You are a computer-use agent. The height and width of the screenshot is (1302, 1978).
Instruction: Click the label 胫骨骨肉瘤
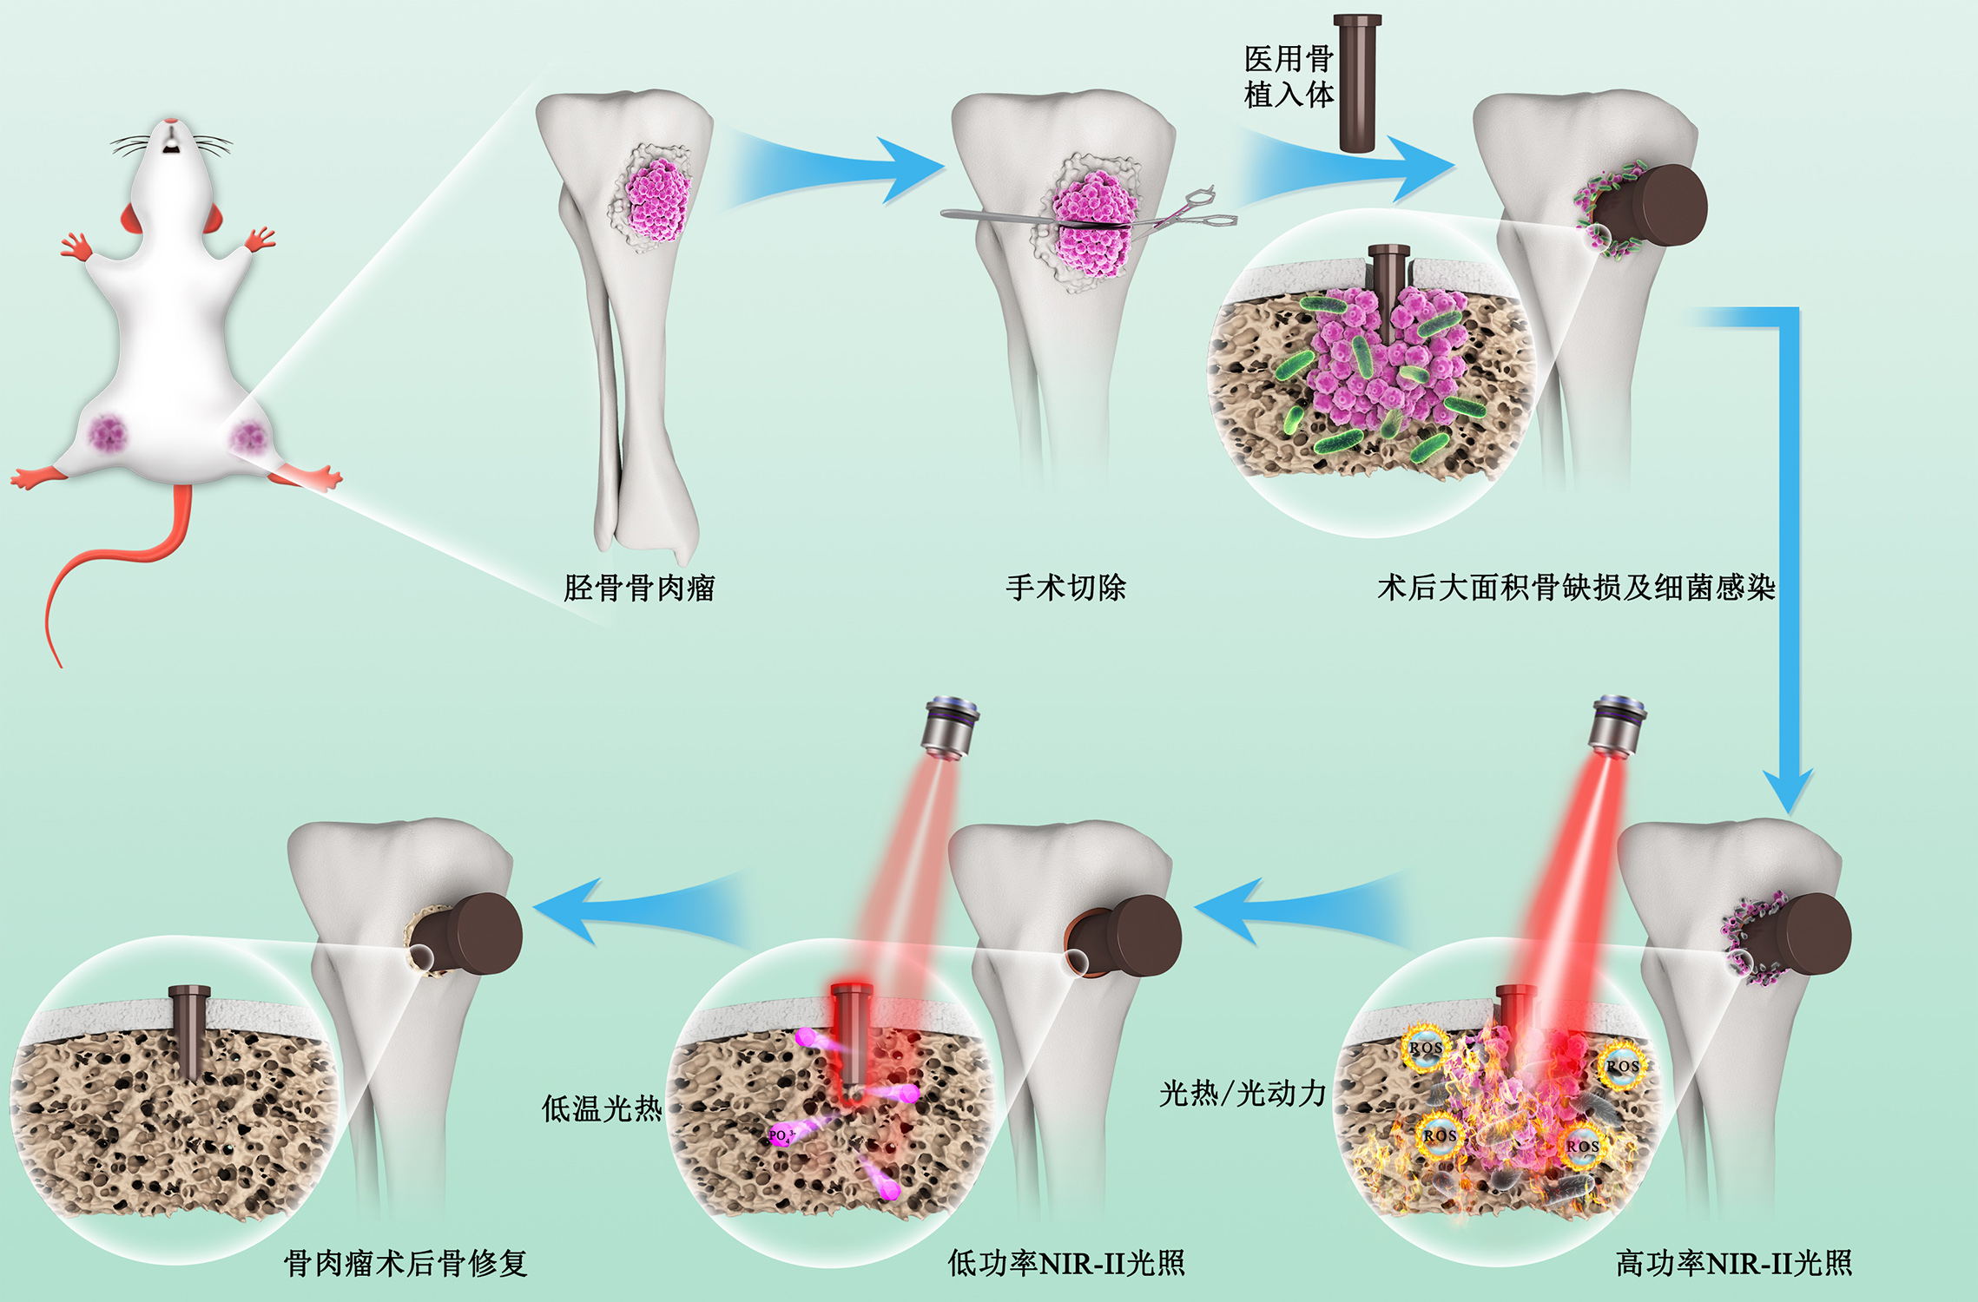(639, 589)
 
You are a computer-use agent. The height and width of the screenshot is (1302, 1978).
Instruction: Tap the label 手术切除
(1065, 589)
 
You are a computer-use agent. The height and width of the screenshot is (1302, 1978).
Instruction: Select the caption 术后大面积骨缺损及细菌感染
(1576, 589)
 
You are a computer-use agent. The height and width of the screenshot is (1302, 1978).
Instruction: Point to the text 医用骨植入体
(1289, 76)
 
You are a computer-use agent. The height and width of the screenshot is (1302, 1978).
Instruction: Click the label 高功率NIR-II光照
(1733, 1263)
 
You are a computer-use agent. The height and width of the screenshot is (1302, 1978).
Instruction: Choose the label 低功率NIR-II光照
(1065, 1263)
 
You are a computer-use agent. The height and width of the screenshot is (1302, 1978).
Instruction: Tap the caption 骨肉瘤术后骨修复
(405, 1263)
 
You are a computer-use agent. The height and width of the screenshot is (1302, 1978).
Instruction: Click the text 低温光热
(601, 1108)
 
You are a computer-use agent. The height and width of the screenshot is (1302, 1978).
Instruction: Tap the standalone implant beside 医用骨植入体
(1356, 82)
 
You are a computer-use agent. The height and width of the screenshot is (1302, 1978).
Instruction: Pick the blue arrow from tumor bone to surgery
(834, 169)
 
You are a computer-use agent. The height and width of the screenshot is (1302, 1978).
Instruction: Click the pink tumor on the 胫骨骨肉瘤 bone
(658, 200)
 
